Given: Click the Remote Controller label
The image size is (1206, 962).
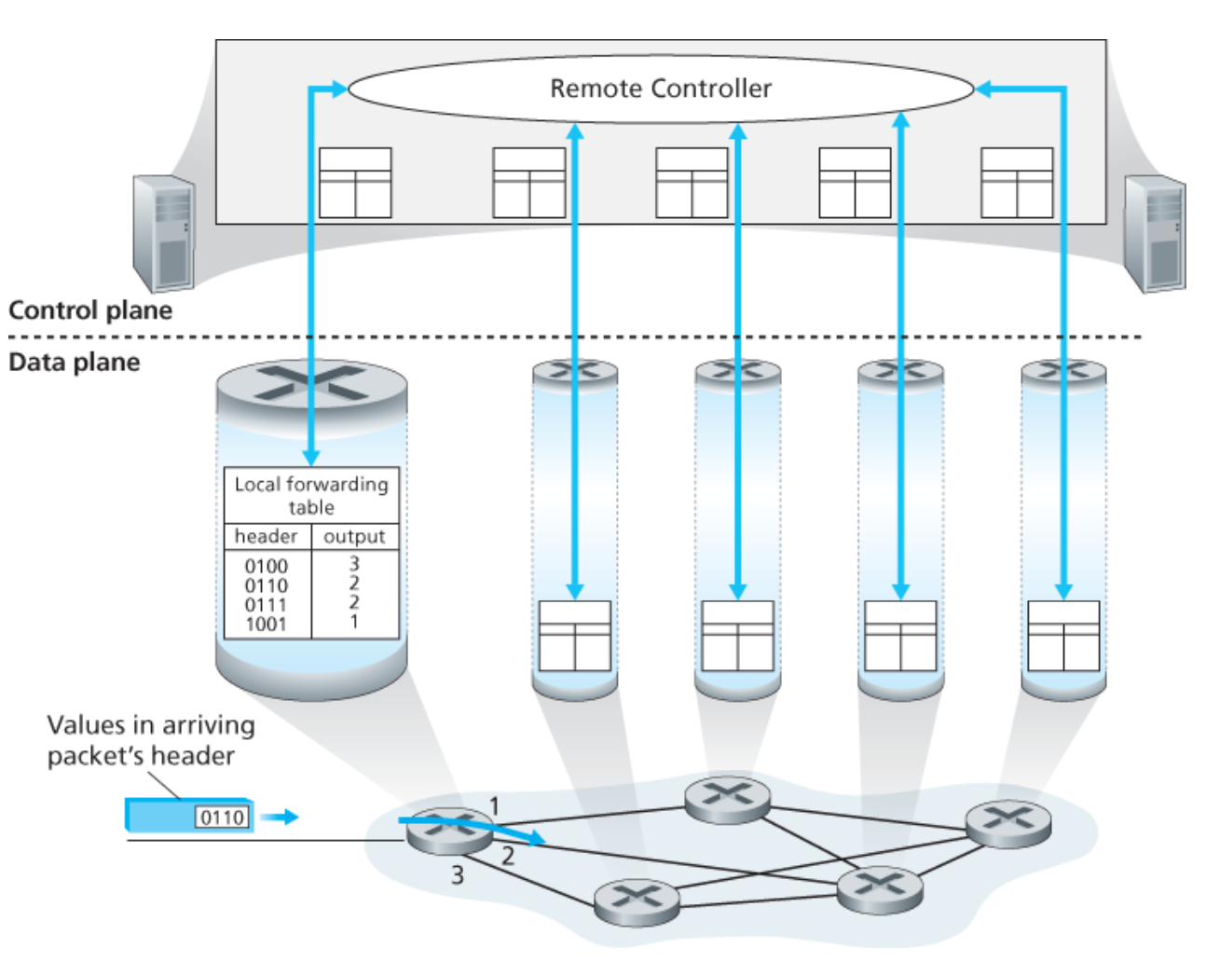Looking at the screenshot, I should coord(660,89).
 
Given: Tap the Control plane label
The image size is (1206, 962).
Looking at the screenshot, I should coord(90,310).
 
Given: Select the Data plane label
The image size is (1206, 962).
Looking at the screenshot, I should coord(75,362).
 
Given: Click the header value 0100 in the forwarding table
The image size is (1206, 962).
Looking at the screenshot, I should coord(267,566).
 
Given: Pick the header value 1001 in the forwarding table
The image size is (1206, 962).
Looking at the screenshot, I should coord(267,625).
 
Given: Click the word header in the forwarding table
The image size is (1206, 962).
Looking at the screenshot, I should coord(267,536).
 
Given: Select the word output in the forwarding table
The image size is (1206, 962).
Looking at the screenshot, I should coord(354,536).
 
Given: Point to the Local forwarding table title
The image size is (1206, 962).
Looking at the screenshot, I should coord(311,495).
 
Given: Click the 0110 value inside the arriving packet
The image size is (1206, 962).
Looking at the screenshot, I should coord(223,818).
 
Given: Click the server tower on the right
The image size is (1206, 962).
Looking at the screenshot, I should coord(1155,233).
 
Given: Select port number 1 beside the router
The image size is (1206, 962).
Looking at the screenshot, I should coord(495,805).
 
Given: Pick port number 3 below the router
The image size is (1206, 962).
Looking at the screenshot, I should coord(458,874).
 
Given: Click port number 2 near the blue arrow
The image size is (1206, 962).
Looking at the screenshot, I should coord(508,856).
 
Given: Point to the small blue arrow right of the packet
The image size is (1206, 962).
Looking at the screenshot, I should coord(280,818).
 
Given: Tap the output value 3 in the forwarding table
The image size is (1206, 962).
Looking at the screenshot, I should coord(354,563).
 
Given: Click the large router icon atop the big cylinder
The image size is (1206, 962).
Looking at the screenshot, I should coord(311,383).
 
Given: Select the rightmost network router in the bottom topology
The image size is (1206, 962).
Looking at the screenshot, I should coord(1007,822).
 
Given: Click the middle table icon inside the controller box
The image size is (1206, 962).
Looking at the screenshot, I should coord(692,183).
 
